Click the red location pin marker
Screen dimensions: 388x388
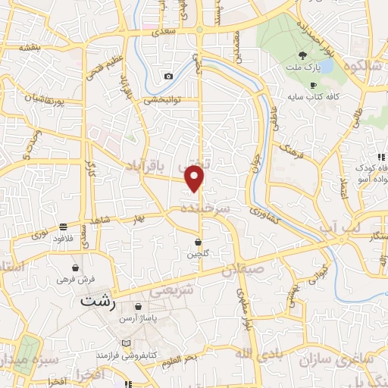click(196, 178)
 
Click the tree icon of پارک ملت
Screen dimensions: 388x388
click(303, 55)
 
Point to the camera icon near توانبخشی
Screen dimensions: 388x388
click(168, 76)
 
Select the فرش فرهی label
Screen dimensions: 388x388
click(76, 279)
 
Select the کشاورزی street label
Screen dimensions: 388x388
click(263, 205)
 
